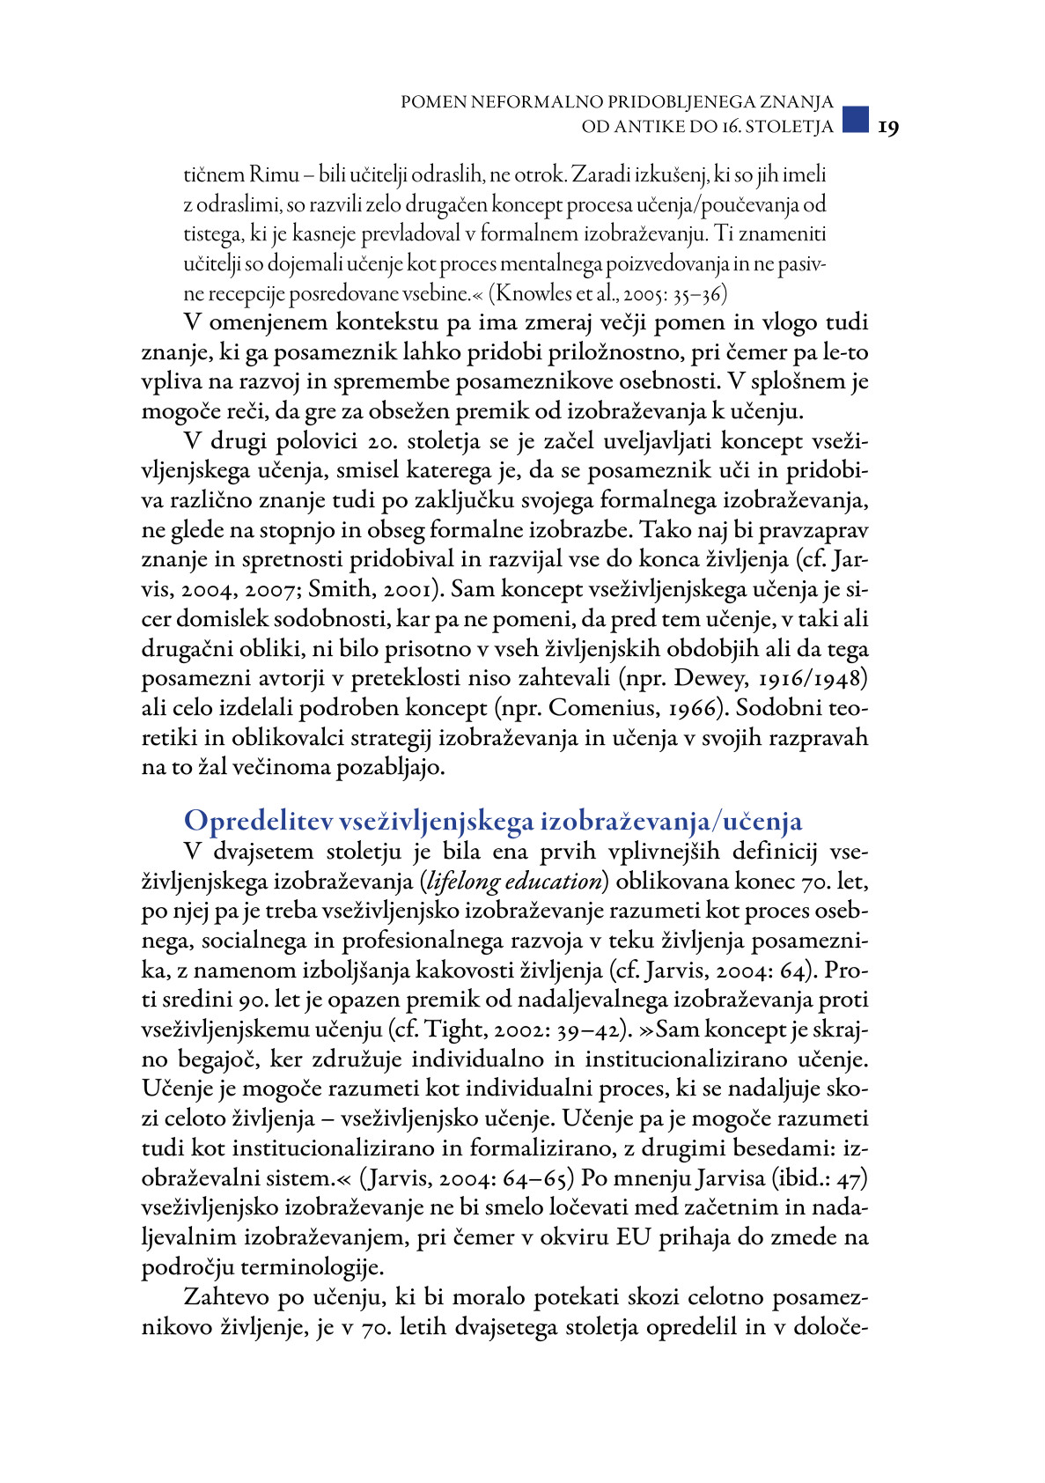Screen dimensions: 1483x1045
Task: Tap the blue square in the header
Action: click(x=855, y=119)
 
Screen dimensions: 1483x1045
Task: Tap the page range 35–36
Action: click(x=699, y=293)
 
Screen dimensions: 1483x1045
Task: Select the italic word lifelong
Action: click(x=467, y=882)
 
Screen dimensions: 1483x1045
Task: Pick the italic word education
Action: click(x=556, y=882)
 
